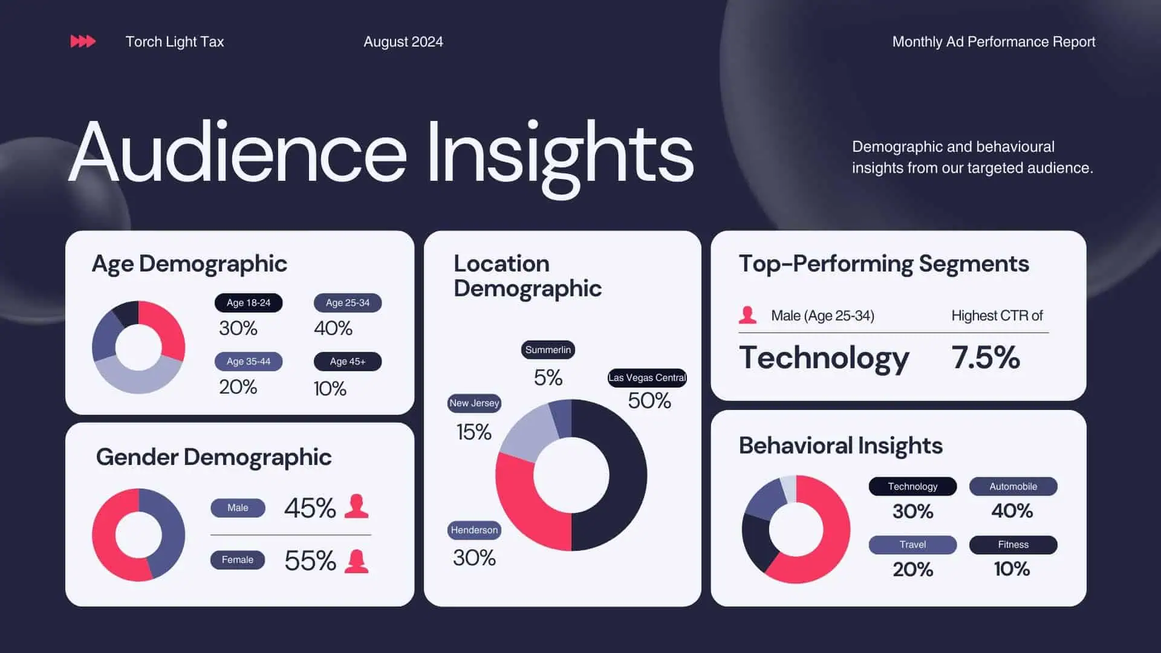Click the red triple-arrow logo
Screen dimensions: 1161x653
click(83, 41)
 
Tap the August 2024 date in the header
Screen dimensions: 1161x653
click(403, 42)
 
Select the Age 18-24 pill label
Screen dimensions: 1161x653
click(249, 303)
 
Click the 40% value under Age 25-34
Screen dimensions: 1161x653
click(333, 328)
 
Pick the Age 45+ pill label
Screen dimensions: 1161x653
click(348, 362)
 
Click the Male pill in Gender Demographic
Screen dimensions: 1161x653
click(238, 508)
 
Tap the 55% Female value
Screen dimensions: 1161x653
click(310, 560)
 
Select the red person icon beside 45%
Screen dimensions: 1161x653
click(356, 507)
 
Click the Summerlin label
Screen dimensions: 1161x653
click(548, 350)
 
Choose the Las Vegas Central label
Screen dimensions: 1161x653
click(647, 378)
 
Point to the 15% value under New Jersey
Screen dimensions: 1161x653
click(473, 432)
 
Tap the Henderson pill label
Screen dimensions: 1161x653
click(474, 530)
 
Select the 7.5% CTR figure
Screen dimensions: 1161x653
click(986, 357)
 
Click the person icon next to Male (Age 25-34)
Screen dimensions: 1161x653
click(748, 315)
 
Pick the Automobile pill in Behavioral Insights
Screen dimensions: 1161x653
click(1013, 487)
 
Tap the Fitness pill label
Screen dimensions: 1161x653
click(1013, 545)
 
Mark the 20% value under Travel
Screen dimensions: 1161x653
click(913, 570)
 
